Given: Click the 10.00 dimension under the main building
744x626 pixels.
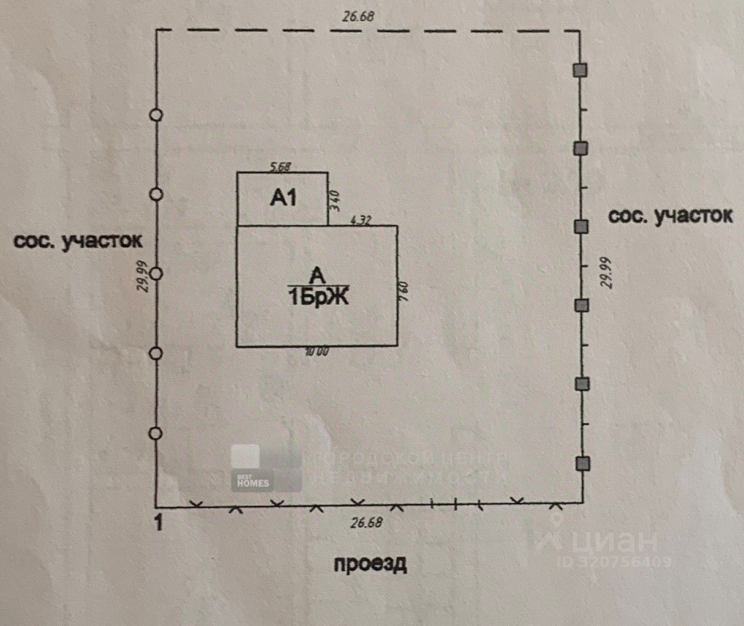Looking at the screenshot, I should (317, 352).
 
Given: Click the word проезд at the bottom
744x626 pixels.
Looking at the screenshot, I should (370, 563).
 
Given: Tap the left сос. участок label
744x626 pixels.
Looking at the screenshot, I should (78, 240).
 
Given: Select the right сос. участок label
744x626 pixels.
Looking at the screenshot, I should (670, 215).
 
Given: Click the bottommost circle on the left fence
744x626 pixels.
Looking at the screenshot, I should (156, 433).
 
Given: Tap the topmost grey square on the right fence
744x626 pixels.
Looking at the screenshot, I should (581, 70).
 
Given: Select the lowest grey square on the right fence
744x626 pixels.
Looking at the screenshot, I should (581, 463).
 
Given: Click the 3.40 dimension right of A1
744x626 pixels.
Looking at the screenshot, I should (334, 199).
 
